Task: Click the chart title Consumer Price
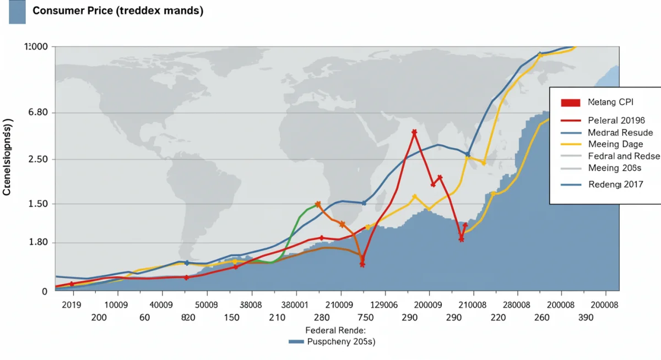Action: coord(117,11)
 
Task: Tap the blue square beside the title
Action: coord(17,12)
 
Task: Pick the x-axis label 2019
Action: coord(72,304)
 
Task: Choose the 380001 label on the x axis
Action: coord(294,304)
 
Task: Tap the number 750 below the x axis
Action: coord(365,318)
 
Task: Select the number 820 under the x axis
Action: coord(188,318)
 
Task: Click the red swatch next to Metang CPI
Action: coord(571,102)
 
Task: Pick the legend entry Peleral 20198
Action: coord(620,120)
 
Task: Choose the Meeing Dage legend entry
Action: coord(615,144)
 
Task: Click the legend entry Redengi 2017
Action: coord(616,185)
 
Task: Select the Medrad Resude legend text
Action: coord(620,133)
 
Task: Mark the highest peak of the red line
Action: coord(414,132)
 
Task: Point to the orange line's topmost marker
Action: coord(318,204)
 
